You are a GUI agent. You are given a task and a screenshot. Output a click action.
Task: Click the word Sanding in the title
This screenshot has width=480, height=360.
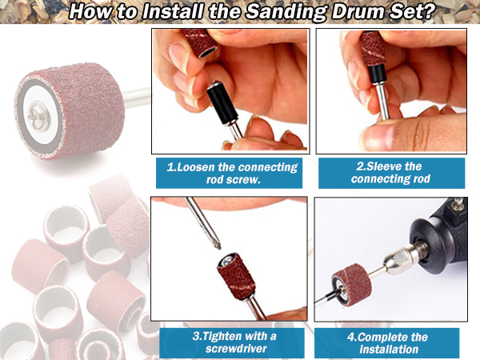286,12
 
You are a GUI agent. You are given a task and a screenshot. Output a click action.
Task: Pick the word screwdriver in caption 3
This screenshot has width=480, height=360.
236,348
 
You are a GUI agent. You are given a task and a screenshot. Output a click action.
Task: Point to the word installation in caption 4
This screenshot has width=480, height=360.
389,349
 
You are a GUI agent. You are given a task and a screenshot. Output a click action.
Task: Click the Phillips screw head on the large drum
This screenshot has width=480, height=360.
38,117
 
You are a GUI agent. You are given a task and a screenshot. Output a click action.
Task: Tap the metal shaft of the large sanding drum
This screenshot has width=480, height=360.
136,98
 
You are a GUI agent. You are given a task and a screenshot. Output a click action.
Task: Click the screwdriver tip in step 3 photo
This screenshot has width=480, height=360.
218,246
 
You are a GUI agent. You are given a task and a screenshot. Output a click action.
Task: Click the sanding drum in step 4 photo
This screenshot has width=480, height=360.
351,285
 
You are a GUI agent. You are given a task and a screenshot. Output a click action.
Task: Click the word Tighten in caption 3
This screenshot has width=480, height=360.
222,336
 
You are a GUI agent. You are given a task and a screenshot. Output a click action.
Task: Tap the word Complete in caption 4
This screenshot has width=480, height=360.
382,337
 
